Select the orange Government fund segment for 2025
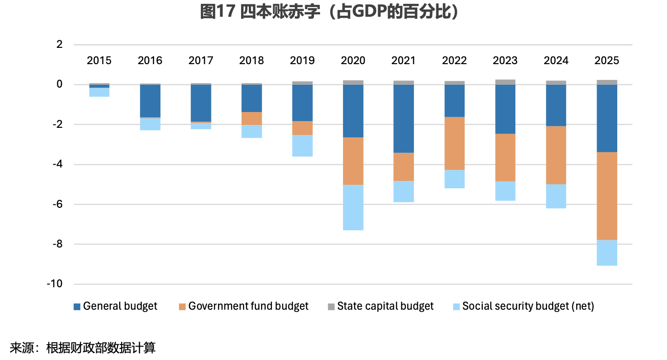607,196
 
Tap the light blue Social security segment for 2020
353,207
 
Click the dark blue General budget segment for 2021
404,119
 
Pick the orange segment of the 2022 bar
455,143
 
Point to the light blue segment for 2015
99,92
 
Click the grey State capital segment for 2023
505,82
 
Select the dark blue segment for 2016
150,101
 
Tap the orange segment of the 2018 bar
252,118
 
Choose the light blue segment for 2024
556,196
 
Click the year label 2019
302,61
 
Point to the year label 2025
607,61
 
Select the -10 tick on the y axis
55,284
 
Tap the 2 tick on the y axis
59,45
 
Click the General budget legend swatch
77,306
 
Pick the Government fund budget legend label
248,306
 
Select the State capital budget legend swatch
331,306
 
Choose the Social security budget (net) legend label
528,306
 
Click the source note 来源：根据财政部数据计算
83,348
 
